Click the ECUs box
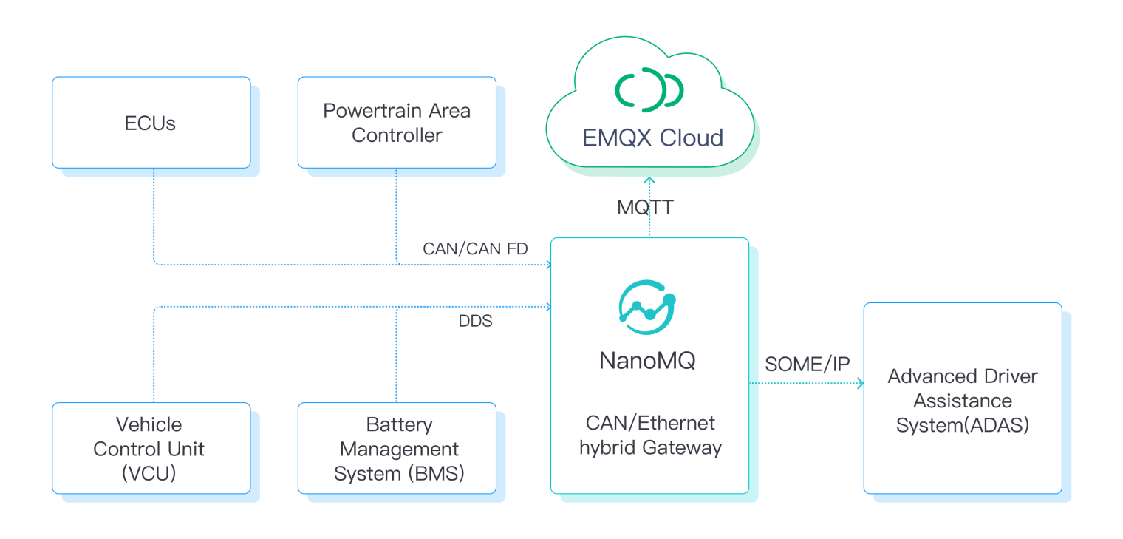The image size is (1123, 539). (x=151, y=123)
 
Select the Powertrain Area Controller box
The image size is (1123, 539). (x=397, y=123)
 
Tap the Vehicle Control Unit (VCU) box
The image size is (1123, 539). (x=151, y=448)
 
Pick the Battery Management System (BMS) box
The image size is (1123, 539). (x=397, y=448)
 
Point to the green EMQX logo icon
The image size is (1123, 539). (x=649, y=89)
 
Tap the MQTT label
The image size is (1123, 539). (x=645, y=208)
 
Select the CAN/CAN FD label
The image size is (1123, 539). (x=475, y=248)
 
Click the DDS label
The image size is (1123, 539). (x=475, y=321)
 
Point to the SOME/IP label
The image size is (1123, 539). (x=807, y=364)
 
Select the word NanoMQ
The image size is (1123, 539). (x=647, y=361)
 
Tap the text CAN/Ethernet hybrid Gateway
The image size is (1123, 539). (x=650, y=435)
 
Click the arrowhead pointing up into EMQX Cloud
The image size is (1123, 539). (x=649, y=180)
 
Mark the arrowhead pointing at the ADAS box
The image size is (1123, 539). (x=859, y=383)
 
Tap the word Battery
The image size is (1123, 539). (x=399, y=424)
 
